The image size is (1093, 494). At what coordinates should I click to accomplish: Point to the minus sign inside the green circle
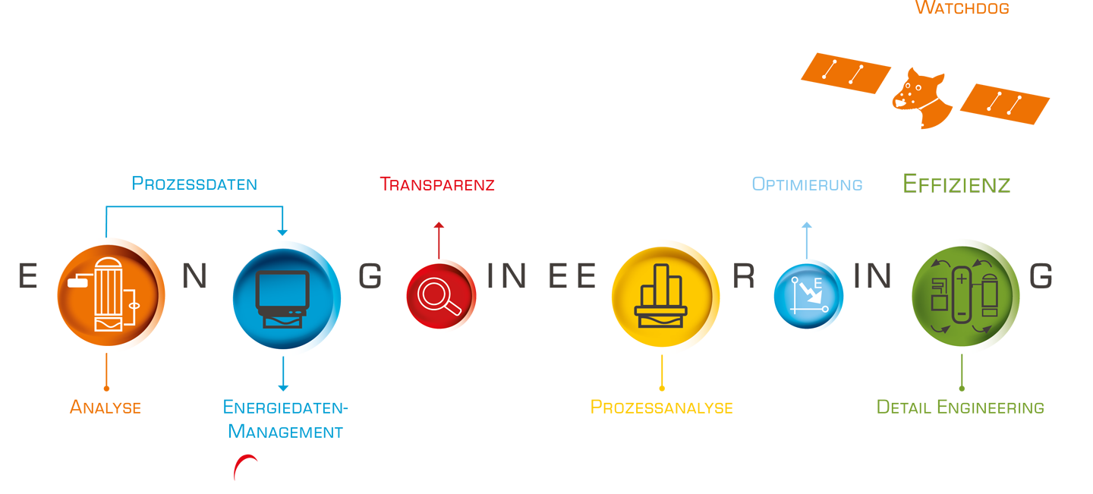(x=961, y=313)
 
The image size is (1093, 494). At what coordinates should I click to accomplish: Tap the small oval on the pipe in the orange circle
(x=136, y=307)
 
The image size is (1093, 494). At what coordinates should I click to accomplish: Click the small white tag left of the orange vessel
(x=77, y=283)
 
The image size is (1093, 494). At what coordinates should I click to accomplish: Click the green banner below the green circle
(x=941, y=395)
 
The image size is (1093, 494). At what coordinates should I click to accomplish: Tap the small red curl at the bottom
(x=239, y=460)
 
